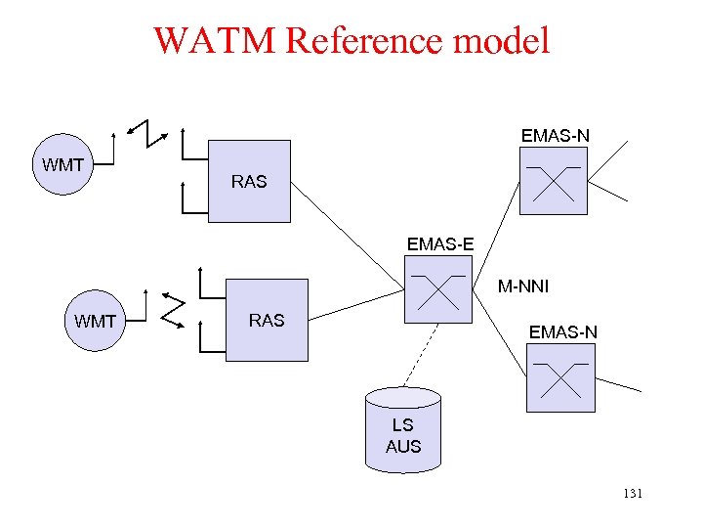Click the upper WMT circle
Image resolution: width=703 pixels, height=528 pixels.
coord(63,164)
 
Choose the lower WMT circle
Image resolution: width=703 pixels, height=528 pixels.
coord(95,321)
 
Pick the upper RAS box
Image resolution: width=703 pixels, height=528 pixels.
coord(249,181)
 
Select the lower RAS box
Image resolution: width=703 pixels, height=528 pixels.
coord(267,320)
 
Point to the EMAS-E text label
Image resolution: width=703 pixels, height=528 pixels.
coord(440,244)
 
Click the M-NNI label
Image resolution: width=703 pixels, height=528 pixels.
coord(523,286)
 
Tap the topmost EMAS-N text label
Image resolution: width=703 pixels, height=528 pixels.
coord(555,135)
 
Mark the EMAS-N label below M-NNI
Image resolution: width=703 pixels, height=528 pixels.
coord(562,332)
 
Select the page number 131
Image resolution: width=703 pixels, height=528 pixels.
coord(632,494)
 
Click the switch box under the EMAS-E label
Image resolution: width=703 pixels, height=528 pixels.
coord(437,291)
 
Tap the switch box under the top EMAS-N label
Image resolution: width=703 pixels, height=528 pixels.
coord(554,181)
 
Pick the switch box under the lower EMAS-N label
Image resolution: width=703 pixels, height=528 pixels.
coord(559,378)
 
